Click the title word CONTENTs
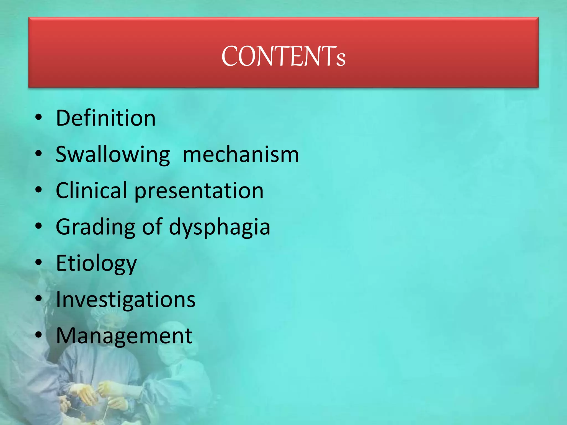coord(283,56)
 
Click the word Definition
coord(106,118)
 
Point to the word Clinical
coord(91,191)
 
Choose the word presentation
coord(199,191)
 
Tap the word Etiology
coord(96,264)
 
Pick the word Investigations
coord(126,300)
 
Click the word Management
coord(124,336)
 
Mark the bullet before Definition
coord(39,118)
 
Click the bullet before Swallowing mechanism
coord(39,154)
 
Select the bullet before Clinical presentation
coord(39,190)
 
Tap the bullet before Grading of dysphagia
coord(39,226)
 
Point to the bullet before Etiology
coord(39,262)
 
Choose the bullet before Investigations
coord(39,299)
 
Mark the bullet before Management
coord(39,335)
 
